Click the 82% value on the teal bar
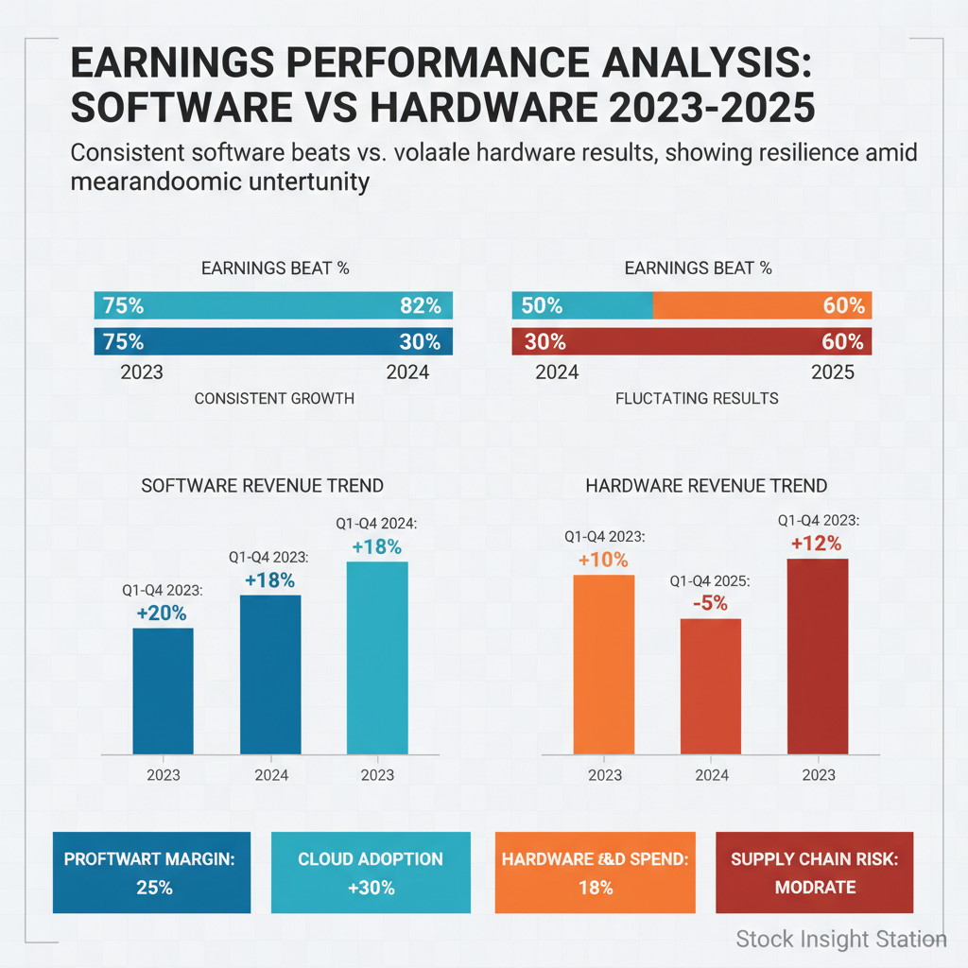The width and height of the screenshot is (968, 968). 420,305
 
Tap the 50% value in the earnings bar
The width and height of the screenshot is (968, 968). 543,305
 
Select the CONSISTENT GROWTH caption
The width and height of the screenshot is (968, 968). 274,398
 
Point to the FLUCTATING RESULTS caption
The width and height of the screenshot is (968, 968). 697,398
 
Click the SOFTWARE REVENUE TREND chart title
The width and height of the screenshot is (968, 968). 262,486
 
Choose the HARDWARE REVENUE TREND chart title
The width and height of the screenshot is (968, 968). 706,486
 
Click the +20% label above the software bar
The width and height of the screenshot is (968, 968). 163,613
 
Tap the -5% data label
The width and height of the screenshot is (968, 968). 710,602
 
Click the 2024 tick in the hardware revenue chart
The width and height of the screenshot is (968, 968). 712,775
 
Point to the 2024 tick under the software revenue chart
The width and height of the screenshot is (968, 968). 270,775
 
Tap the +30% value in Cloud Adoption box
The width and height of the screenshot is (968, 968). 370,888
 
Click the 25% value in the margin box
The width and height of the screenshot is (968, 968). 151,888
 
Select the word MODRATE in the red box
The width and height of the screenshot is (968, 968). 815,888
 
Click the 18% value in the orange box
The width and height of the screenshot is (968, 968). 596,888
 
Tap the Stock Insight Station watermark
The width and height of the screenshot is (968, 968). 840,939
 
